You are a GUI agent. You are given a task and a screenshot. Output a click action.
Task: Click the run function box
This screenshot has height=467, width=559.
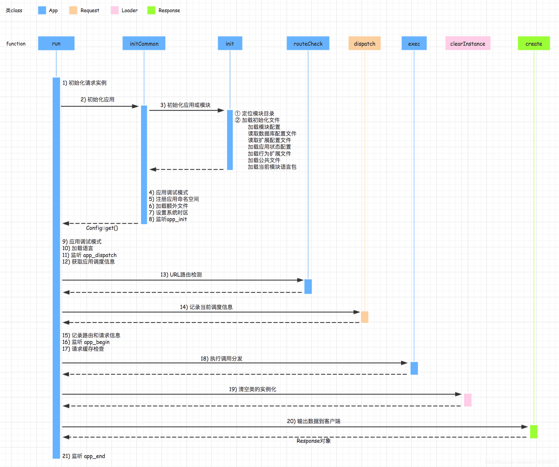point(56,43)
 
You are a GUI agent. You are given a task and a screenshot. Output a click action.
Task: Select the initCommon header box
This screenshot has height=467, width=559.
point(144,43)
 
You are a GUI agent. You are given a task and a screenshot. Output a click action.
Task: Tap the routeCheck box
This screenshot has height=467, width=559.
point(308,43)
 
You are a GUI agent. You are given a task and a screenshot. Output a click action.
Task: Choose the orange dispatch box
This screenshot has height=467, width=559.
point(364,43)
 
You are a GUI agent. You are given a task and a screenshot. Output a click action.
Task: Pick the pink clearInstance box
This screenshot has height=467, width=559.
point(468,43)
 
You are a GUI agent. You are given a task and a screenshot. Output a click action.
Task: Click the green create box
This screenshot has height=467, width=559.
point(533,43)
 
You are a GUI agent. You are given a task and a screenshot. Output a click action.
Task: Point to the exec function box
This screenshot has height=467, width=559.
point(414,43)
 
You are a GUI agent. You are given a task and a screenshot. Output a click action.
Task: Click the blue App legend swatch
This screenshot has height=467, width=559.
point(42,10)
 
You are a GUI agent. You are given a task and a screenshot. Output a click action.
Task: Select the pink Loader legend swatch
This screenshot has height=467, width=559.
point(115,10)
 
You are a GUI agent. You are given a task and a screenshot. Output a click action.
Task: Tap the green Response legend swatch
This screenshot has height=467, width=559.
point(151,10)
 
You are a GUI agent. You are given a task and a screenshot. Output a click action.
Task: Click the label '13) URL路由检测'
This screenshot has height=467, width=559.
point(181,275)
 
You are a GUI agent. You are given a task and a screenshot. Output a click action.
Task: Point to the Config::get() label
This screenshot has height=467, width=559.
point(102,228)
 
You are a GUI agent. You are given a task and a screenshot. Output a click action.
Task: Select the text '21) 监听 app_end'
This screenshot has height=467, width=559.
point(84,456)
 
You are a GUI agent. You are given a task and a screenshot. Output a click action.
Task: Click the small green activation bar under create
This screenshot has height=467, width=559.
point(533,432)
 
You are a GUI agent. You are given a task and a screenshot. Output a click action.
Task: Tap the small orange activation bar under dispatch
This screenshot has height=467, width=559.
point(364,317)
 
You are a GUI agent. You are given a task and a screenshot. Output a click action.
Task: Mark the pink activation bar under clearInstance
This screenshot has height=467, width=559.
point(468,400)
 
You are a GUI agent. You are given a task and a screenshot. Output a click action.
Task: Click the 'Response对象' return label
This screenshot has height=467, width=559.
point(314,441)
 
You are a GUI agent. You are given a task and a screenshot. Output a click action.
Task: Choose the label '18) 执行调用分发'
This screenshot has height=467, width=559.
point(221,359)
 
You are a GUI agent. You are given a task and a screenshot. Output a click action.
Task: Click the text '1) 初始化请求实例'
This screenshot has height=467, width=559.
point(84,83)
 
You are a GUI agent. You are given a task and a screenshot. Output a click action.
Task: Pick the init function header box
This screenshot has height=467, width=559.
point(230,43)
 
